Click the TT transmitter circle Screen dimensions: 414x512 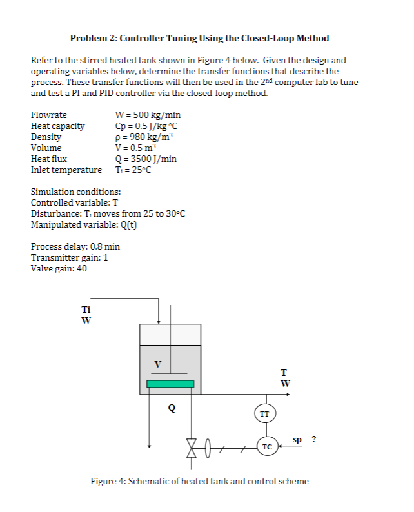[264, 413]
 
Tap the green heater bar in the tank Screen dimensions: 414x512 [170, 384]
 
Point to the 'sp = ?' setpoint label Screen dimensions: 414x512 [304, 440]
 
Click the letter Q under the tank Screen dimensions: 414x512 [171, 407]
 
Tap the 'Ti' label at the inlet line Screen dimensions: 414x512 [85, 309]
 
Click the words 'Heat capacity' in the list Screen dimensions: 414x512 [57, 126]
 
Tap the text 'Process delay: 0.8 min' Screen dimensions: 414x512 [75, 246]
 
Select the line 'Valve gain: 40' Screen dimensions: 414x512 [59, 268]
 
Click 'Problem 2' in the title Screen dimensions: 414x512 [93, 38]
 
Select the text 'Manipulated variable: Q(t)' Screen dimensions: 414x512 [84, 224]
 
